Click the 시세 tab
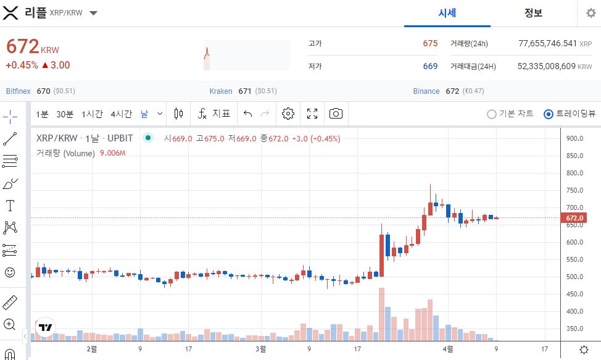pyautogui.click(x=447, y=13)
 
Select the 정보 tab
pyautogui.click(x=533, y=13)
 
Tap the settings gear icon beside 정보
pyautogui.click(x=591, y=14)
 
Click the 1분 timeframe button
pyautogui.click(x=42, y=114)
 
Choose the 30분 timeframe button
pyautogui.click(x=65, y=114)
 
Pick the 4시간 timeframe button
pyautogui.click(x=121, y=114)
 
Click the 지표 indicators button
pyautogui.click(x=214, y=114)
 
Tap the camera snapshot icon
pyautogui.click(x=336, y=114)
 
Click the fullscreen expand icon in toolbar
pyautogui.click(x=312, y=114)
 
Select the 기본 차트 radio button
pyautogui.click(x=492, y=114)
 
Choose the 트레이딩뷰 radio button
pyautogui.click(x=549, y=114)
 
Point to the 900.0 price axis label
pyautogui.click(x=574, y=138)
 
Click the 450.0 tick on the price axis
pyautogui.click(x=574, y=294)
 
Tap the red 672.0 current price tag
pyautogui.click(x=574, y=218)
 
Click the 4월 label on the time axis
pyautogui.click(x=449, y=349)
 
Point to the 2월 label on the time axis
pyautogui.click(x=91, y=349)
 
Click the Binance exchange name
pyautogui.click(x=426, y=91)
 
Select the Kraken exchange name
pyautogui.click(x=221, y=91)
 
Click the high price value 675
pyautogui.click(x=430, y=43)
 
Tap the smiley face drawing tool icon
pyautogui.click(x=10, y=272)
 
